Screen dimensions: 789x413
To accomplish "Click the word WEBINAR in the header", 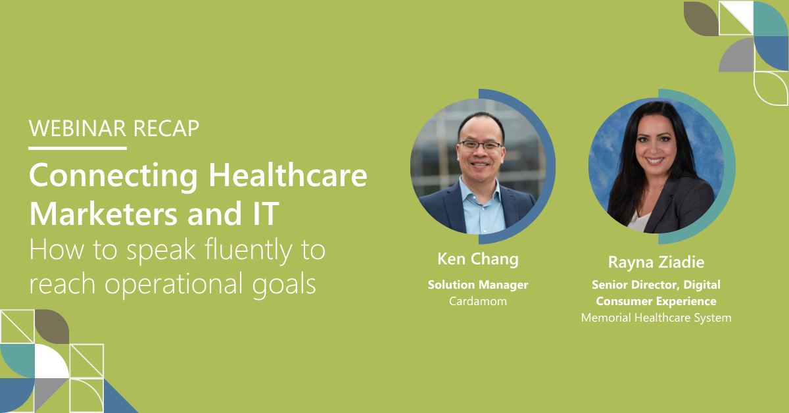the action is (77, 128).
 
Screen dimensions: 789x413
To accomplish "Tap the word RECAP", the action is (166, 128).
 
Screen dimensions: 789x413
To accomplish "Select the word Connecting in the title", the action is (113, 176).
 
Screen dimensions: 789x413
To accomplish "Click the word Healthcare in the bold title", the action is (288, 175).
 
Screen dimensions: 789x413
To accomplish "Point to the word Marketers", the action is (103, 214).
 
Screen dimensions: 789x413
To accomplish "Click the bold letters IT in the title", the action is (266, 214).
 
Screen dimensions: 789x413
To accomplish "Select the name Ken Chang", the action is (478, 259).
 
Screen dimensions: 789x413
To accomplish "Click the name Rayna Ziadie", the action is (656, 262).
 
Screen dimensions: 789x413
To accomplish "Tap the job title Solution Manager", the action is (478, 285).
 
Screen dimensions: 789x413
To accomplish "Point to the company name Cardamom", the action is (478, 301).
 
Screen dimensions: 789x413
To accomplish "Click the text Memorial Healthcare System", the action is (656, 318).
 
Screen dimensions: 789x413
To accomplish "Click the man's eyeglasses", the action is (481, 145).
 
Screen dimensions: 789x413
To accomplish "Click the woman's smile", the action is (654, 161).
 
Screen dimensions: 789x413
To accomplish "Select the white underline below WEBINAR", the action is (78, 149).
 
